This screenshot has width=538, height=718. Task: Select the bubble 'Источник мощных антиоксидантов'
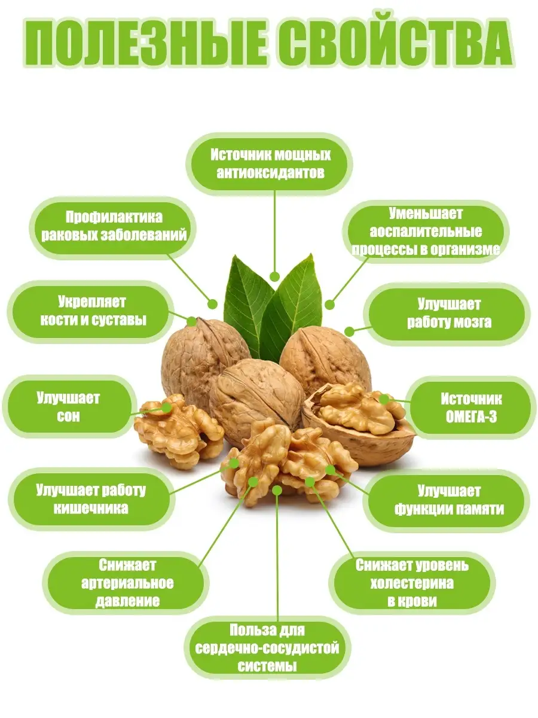point(269,164)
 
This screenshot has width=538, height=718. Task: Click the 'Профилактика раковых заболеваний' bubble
point(113,228)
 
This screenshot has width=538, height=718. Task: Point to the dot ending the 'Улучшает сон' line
point(167,407)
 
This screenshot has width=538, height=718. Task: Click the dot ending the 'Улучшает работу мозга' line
point(349,332)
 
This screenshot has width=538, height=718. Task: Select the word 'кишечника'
point(91,509)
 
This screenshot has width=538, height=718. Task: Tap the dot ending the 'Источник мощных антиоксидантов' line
point(275,277)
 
